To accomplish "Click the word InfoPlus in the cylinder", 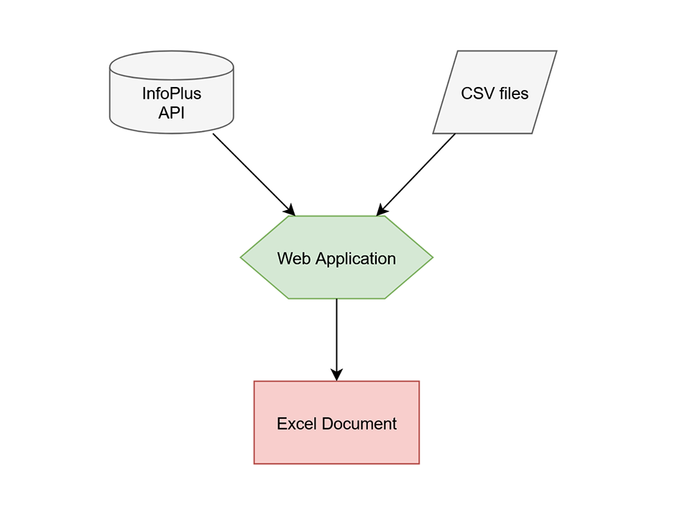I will (171, 94).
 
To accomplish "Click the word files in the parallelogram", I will (513, 94).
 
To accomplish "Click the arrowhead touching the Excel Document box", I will (336, 375).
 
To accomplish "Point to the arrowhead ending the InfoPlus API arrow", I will (290, 209).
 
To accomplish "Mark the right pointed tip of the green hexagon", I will (432, 257).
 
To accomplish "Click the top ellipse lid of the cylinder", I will (171, 62).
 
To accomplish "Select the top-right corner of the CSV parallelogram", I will (556, 51).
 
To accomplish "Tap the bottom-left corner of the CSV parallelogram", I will (433, 133).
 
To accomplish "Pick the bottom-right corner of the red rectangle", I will (418, 463).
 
